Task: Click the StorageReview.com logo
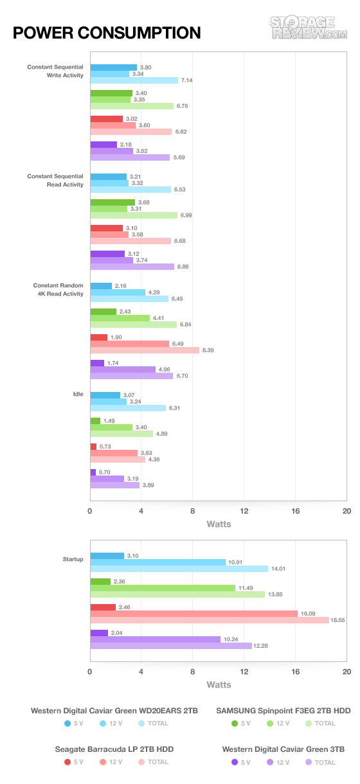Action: (x=309, y=28)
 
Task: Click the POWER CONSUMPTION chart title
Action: (x=107, y=33)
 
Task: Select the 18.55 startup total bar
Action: (x=210, y=620)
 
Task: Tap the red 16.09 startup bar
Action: (x=194, y=614)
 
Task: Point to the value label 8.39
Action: (x=208, y=350)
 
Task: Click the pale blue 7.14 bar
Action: (x=134, y=80)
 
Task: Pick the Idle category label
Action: (x=78, y=394)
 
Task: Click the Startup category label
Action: (x=73, y=559)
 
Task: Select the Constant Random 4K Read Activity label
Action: (x=58, y=290)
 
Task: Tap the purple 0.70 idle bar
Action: (x=93, y=472)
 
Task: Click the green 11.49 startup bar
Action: (x=163, y=587)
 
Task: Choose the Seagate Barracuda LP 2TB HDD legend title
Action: (x=114, y=749)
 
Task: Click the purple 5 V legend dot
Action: (x=235, y=762)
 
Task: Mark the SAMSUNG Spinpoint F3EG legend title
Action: (x=283, y=711)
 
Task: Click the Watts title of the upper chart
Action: (x=219, y=524)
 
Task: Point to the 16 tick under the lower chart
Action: (x=296, y=672)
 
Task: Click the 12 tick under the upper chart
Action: (x=244, y=511)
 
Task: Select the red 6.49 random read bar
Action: (x=130, y=344)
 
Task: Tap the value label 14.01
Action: (x=278, y=569)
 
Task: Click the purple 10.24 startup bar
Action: (x=156, y=639)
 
